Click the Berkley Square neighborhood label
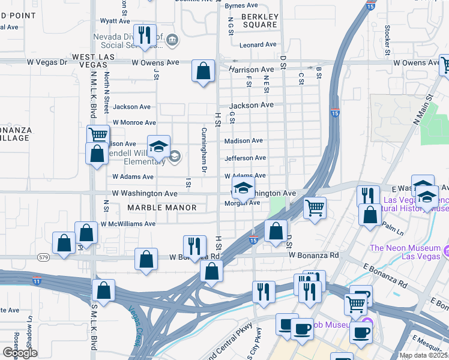tap(259, 20)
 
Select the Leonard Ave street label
tap(258, 44)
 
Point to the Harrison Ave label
tap(251, 70)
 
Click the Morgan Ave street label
tap(242, 203)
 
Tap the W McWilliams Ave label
tap(128, 224)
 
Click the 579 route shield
tap(44, 257)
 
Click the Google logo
tap(20, 353)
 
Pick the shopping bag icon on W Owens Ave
tap(203, 70)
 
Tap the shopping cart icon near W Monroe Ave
tap(97, 135)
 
